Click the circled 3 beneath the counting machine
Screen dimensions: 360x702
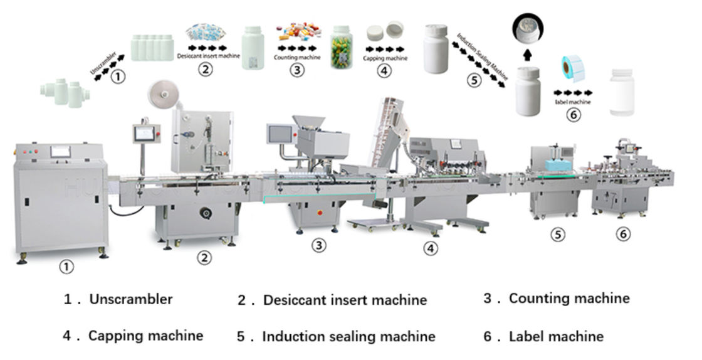coord(319,245)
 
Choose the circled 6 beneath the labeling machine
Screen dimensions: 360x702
coord(622,234)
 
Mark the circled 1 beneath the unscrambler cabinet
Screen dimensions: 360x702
coord(66,267)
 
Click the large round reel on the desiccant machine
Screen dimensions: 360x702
coord(161,95)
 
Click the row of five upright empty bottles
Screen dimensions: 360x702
coord(152,48)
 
